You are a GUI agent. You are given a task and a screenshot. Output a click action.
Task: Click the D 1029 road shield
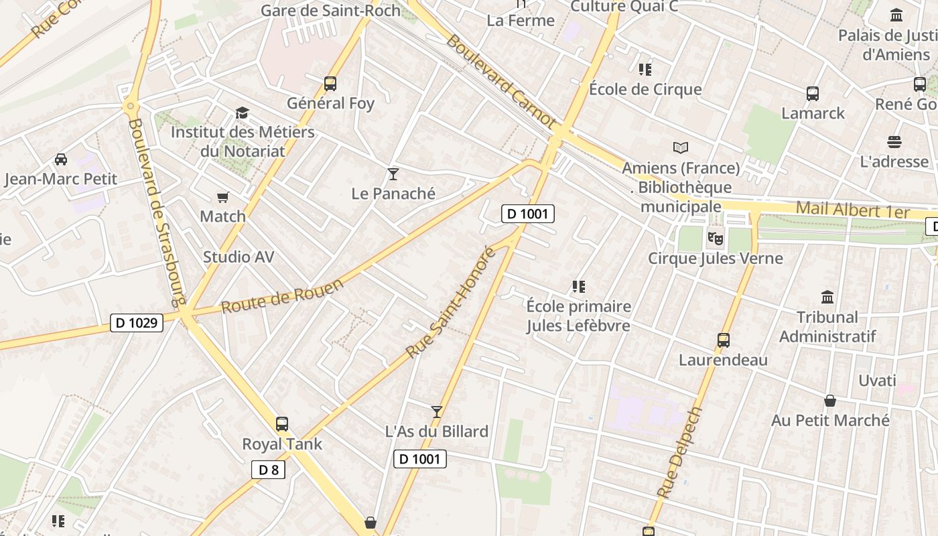coord(137,323)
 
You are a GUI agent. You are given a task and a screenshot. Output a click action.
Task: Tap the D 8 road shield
coord(268,470)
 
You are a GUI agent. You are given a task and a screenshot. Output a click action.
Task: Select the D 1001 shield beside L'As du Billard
coord(419,459)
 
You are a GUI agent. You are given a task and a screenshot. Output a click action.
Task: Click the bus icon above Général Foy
coord(330,84)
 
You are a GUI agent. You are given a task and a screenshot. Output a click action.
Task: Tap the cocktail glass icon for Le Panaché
coord(393,174)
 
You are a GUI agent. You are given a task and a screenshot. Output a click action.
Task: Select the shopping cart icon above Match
coord(223,197)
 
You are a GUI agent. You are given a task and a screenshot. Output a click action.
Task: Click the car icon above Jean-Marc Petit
coord(60,159)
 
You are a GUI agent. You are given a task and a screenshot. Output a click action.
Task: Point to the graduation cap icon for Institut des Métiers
coord(242,113)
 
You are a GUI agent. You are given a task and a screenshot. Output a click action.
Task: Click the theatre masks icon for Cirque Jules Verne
coord(716,237)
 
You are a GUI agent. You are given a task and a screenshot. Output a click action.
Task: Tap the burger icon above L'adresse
coord(894,142)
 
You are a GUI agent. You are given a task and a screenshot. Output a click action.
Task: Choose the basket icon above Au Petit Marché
coord(830,401)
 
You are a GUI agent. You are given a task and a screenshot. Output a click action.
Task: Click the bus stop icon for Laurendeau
coord(723,340)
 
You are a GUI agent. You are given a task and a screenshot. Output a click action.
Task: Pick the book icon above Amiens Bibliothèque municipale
coord(681,147)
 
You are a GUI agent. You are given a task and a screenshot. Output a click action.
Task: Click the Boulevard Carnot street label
coord(500,82)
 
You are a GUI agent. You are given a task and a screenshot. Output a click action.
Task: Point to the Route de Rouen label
coord(282,295)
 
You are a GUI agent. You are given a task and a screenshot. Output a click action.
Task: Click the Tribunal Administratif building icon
coord(827,297)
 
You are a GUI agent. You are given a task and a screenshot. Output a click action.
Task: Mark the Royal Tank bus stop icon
coord(282,424)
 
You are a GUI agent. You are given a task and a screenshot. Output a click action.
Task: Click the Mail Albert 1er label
coord(852,210)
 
